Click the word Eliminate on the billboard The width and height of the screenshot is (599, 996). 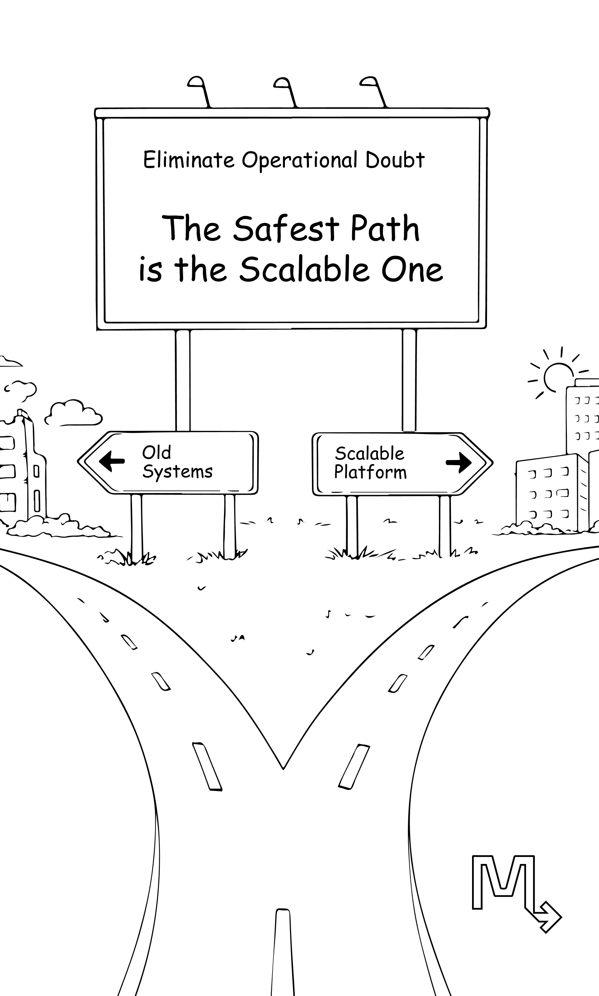pos(189,160)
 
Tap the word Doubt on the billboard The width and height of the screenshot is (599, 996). pos(395,160)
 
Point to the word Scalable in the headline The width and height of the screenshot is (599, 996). pos(304,270)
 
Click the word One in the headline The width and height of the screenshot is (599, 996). pos(412,270)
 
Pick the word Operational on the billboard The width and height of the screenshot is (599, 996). pos(299,161)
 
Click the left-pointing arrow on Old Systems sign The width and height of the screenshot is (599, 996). pos(112,461)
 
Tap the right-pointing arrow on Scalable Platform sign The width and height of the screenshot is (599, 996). pos(459,463)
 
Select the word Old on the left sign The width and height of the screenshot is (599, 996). pos(156,452)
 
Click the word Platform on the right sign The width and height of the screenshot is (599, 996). pos(370,472)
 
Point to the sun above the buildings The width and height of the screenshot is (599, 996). pos(558,376)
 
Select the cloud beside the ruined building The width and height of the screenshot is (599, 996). pos(73,413)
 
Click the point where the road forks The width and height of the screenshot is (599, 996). pos(283,767)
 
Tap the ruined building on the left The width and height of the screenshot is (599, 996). pos(24,468)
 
